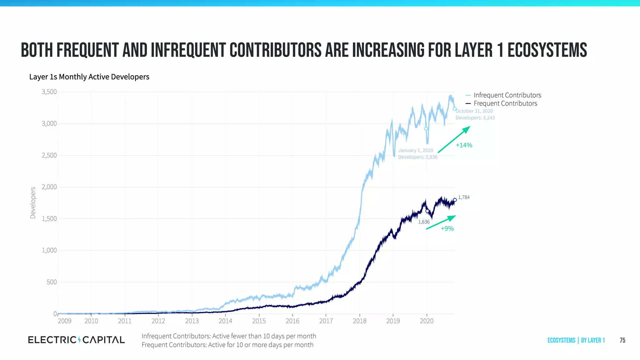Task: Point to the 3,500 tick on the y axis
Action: point(49,92)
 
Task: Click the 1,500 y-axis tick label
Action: point(49,219)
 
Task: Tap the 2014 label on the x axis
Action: point(225,321)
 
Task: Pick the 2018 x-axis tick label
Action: point(359,321)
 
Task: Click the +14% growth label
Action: point(464,145)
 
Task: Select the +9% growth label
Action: point(447,229)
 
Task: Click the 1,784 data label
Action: point(464,197)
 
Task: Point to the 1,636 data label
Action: point(424,222)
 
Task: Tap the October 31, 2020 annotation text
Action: point(474,111)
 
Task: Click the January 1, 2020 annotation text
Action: point(416,151)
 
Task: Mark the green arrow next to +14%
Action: point(454,139)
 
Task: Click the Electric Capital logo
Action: point(76,340)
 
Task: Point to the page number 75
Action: point(622,340)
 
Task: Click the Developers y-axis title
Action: point(33,202)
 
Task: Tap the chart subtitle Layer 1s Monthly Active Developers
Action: point(89,77)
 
